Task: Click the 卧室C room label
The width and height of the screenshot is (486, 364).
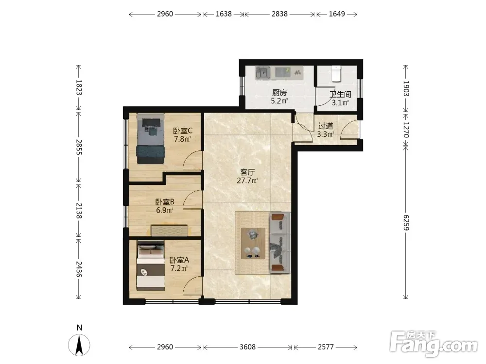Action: pos(183,131)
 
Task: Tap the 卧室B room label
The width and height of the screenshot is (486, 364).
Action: pos(165,202)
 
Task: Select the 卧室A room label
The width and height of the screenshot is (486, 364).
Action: pos(179,260)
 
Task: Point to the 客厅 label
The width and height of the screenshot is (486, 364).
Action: pos(247,172)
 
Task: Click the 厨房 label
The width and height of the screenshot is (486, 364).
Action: pos(279,93)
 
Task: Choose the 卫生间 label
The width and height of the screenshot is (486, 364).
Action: pos(340,95)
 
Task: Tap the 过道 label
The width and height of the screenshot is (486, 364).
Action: pos(326,126)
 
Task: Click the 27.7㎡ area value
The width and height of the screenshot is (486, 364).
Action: pos(247,180)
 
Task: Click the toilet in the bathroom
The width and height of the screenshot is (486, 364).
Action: pos(336,73)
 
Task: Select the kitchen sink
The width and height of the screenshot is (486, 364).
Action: pos(263,73)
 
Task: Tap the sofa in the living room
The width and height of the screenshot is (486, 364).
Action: pos(280,243)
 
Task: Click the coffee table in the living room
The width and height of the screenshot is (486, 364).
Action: pos(253,244)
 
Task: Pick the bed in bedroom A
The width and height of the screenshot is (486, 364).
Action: pos(151,265)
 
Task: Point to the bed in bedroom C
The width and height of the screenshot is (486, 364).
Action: pos(151,138)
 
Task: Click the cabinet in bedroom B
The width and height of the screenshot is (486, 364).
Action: pos(170,231)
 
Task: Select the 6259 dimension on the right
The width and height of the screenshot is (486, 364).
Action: pos(406,223)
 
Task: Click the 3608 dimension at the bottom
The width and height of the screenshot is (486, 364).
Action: pos(248,347)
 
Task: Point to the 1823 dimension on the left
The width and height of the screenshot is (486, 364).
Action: pos(78,87)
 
